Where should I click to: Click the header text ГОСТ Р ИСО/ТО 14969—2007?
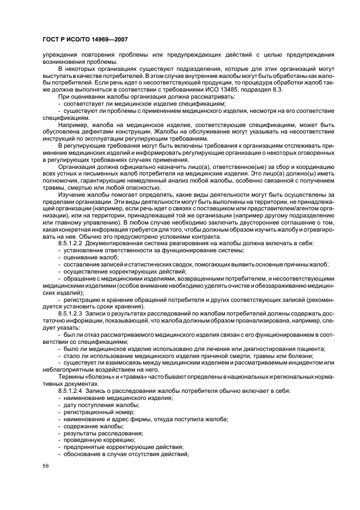(x=80, y=40)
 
